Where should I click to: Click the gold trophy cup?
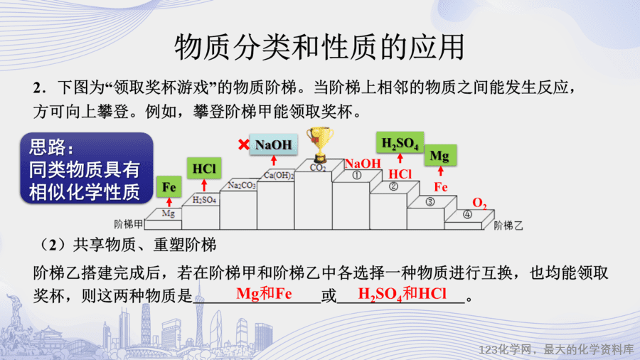point(320,144)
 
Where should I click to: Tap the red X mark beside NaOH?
point(244,144)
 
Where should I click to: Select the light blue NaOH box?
point(274,144)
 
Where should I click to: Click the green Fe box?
point(169,187)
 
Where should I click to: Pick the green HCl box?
point(204,168)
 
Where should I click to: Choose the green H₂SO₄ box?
point(400,143)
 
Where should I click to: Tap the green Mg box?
point(440,155)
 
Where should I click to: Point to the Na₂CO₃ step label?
point(242,185)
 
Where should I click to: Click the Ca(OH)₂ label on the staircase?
point(279,175)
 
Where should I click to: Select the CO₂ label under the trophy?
point(318,167)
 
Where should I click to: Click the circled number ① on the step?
point(357,175)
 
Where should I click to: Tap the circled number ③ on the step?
point(430,201)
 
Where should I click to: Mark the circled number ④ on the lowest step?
point(467,214)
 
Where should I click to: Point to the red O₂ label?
point(479,203)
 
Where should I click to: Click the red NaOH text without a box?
point(363,164)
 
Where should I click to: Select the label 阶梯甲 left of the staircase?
point(129,224)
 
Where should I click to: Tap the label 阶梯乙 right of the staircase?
point(508,226)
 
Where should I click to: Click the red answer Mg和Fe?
point(264,293)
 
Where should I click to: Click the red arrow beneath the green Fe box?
point(169,203)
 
